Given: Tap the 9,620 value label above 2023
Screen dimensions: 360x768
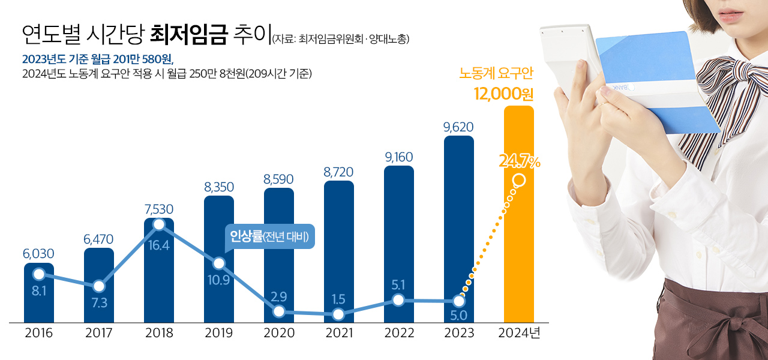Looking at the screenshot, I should pos(458,127).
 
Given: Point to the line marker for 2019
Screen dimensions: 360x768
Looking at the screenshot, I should pos(219,263).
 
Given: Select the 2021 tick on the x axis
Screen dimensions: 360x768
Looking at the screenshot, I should pos(339,333).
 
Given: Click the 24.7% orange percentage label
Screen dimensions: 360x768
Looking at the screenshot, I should pos(520,161).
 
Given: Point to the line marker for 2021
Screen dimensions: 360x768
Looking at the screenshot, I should pos(338,314).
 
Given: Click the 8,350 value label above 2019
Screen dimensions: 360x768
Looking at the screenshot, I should pos(219,187).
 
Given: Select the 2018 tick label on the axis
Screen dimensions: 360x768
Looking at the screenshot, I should pos(159,333).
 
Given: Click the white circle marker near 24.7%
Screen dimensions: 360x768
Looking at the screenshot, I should pos(520,180).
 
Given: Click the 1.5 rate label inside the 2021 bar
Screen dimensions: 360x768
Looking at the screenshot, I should pos(338,298).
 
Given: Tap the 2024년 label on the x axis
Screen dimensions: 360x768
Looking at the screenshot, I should pos(519,333).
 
